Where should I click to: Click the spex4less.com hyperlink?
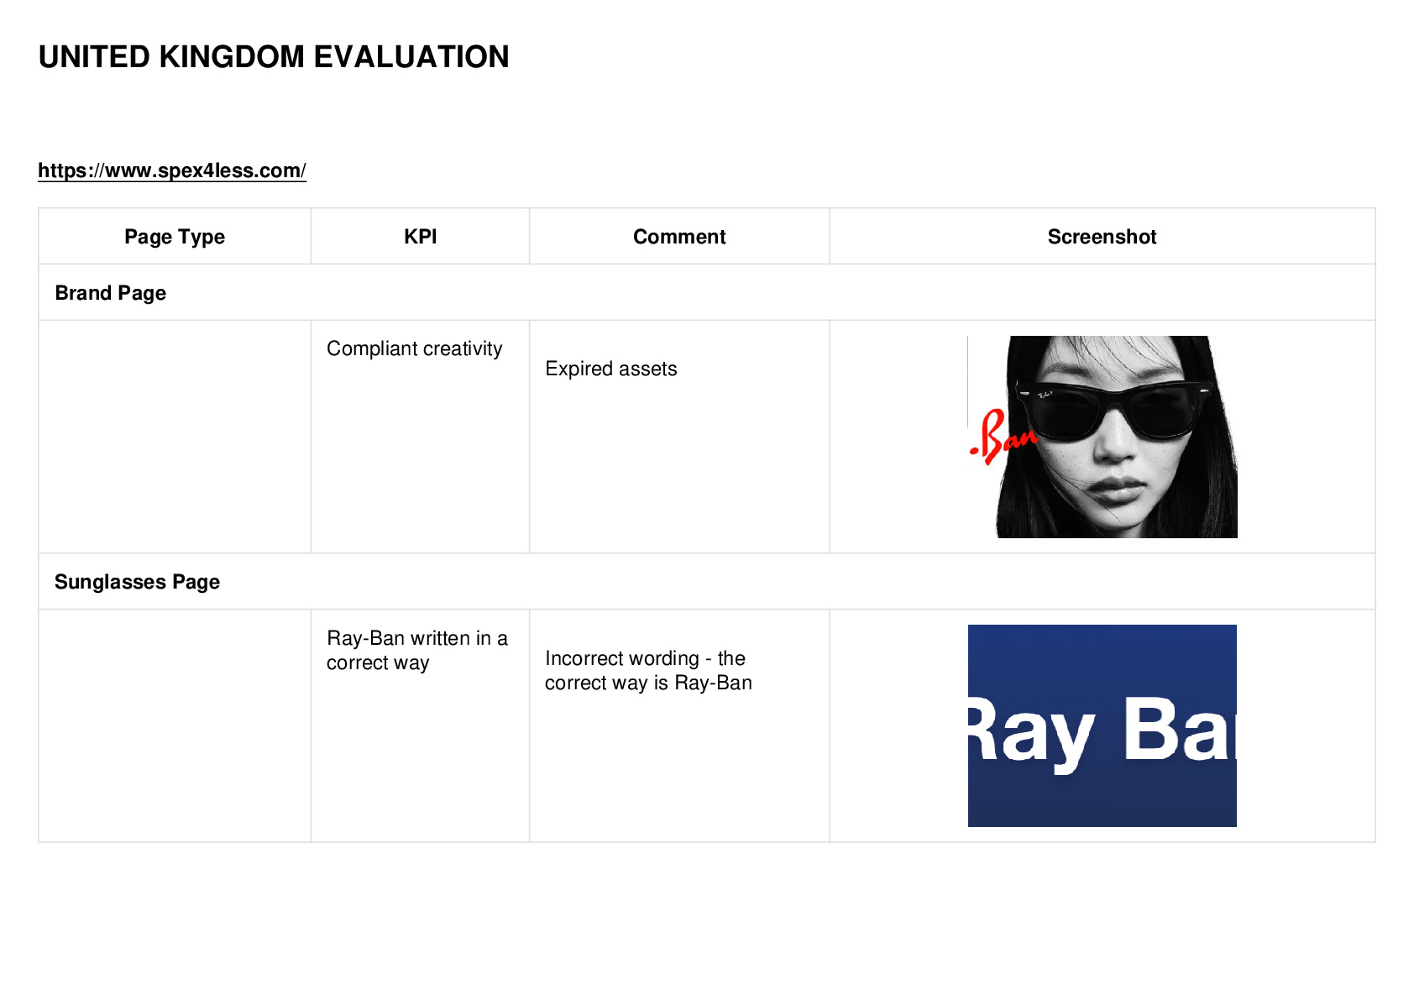[171, 170]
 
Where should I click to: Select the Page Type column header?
[174, 237]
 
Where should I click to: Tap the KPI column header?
[421, 237]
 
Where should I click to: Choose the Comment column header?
[679, 237]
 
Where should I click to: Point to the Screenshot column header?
[1102, 237]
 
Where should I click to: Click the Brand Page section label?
[111, 293]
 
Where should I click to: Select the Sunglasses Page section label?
[137, 581]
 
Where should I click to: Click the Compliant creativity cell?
[414, 348]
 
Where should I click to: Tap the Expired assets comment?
[611, 369]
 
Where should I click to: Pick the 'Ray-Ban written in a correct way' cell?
[417, 650]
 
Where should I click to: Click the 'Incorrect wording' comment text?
[648, 671]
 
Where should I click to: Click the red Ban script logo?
[1003, 437]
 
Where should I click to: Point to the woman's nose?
[1116, 440]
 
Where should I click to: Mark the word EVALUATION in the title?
[411, 57]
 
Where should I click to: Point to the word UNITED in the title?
[94, 57]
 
